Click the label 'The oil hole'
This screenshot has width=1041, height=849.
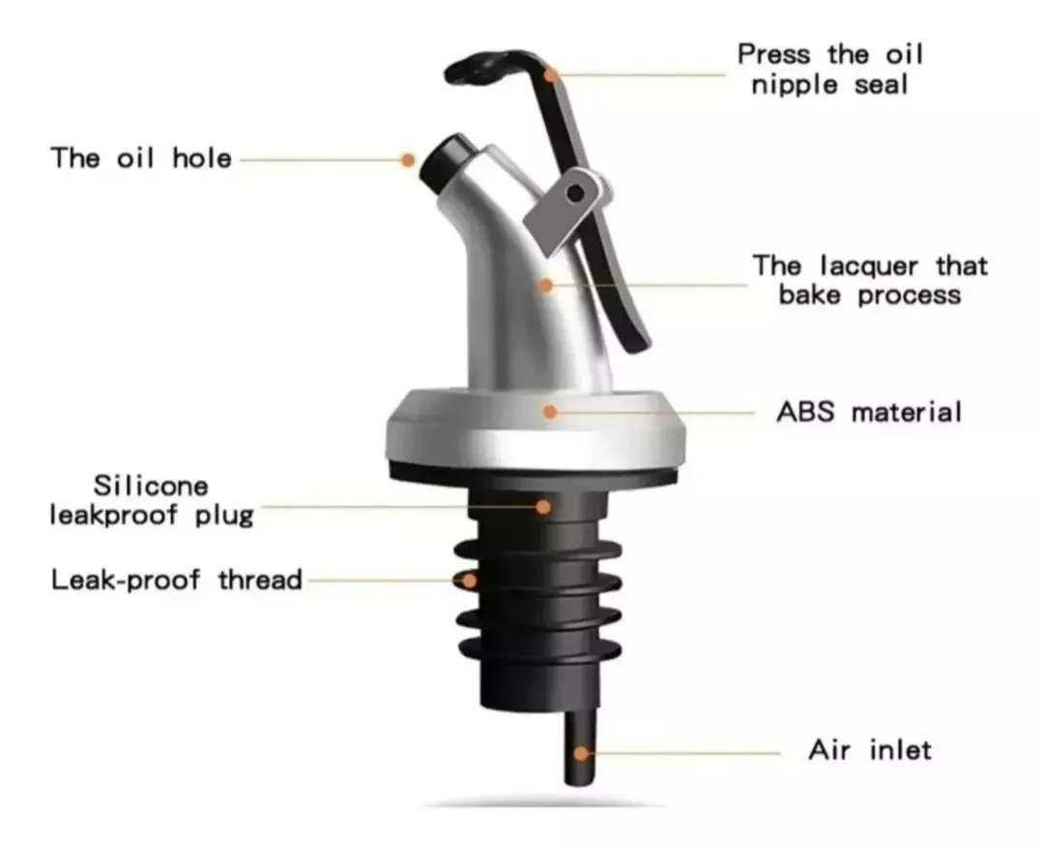click(x=141, y=158)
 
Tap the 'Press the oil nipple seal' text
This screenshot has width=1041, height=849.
click(x=829, y=69)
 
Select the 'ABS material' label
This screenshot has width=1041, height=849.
click(x=869, y=412)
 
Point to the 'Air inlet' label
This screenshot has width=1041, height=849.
click(x=870, y=750)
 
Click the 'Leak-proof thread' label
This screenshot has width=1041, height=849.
click(x=177, y=580)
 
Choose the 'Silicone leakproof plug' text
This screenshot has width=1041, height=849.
click(x=151, y=500)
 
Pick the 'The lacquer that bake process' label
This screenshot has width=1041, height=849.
click(x=870, y=279)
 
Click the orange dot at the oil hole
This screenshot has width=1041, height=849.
click(x=409, y=158)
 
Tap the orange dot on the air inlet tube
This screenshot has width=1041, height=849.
click(x=581, y=752)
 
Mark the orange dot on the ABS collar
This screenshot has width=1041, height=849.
click(x=550, y=411)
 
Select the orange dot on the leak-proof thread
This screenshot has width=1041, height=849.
click(x=469, y=580)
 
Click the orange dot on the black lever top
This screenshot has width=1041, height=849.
click(x=551, y=73)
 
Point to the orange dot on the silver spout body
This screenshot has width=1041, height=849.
click(x=546, y=285)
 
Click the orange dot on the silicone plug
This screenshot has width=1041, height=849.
click(x=544, y=504)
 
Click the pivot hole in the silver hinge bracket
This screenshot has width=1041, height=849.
click(x=576, y=193)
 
